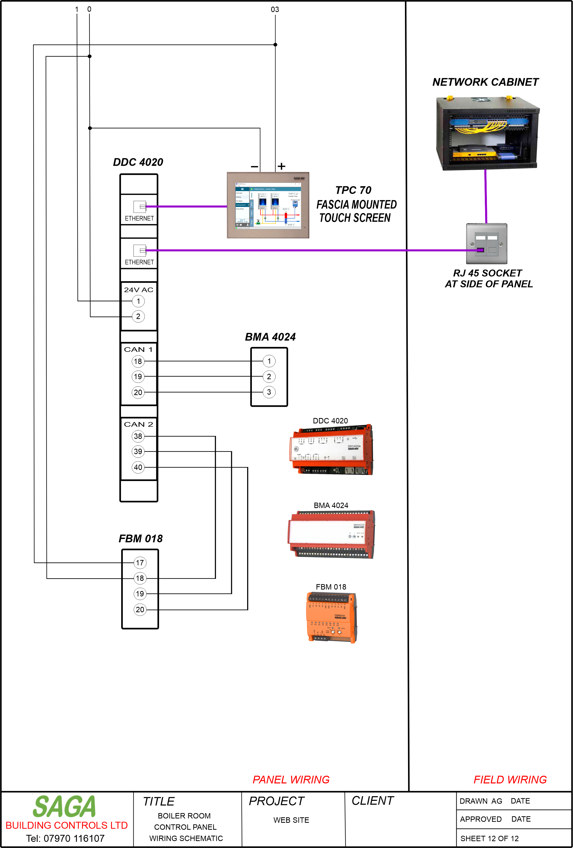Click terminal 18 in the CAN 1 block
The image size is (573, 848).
point(138,361)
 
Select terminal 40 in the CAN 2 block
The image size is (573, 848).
point(138,467)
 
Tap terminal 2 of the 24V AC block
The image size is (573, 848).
point(138,316)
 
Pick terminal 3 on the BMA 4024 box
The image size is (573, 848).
point(269,392)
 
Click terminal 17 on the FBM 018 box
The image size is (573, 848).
point(140,563)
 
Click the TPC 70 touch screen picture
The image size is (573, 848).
point(268,205)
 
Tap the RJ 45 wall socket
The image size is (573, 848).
point(486,244)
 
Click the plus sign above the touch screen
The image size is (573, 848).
point(281,167)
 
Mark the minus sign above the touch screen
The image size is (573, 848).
point(254,167)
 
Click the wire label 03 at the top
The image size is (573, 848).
point(275,10)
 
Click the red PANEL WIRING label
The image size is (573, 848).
point(291,780)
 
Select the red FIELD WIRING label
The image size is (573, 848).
point(510,780)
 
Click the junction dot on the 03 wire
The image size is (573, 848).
point(276,45)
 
